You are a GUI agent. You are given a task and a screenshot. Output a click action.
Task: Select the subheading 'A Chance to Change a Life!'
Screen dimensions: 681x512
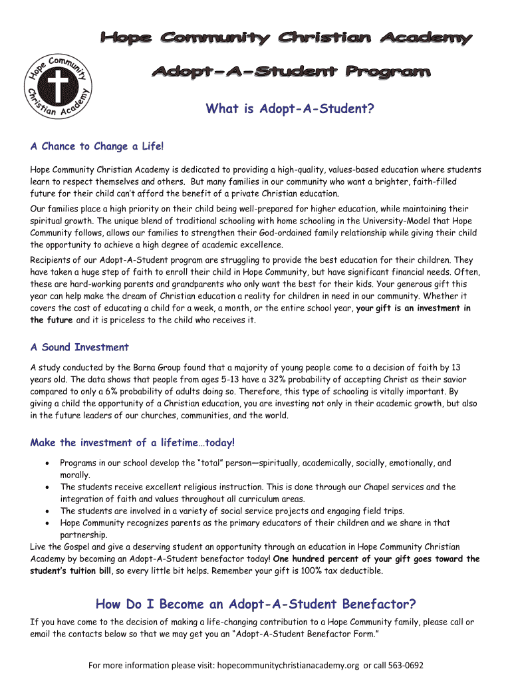(x=96, y=146)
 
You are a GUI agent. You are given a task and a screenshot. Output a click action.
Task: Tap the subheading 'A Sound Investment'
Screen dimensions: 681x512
(x=80, y=347)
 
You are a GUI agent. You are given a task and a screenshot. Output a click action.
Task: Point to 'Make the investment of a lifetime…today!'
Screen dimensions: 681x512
(x=132, y=443)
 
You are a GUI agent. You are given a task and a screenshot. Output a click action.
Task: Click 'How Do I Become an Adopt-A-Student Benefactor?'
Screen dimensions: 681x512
(x=256, y=604)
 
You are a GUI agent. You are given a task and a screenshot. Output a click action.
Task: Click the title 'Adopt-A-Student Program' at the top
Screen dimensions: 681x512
(x=292, y=71)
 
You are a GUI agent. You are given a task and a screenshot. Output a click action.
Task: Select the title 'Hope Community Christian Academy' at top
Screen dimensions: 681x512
(x=286, y=39)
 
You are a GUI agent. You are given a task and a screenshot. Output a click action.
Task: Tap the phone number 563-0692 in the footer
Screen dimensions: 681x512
(x=404, y=665)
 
